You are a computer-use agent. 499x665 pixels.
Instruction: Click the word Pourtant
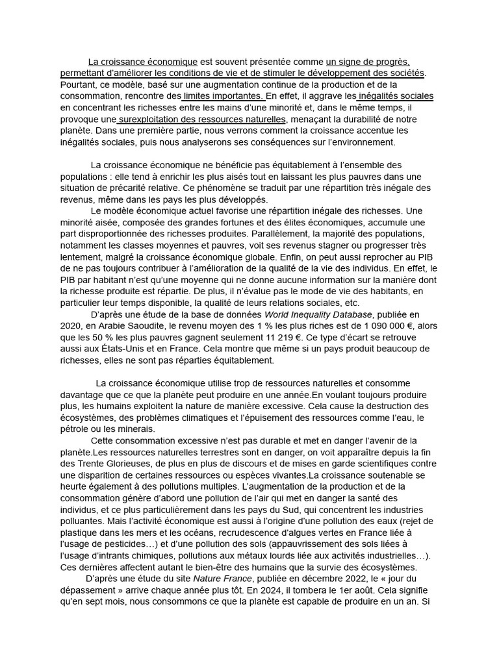pos(78,84)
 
